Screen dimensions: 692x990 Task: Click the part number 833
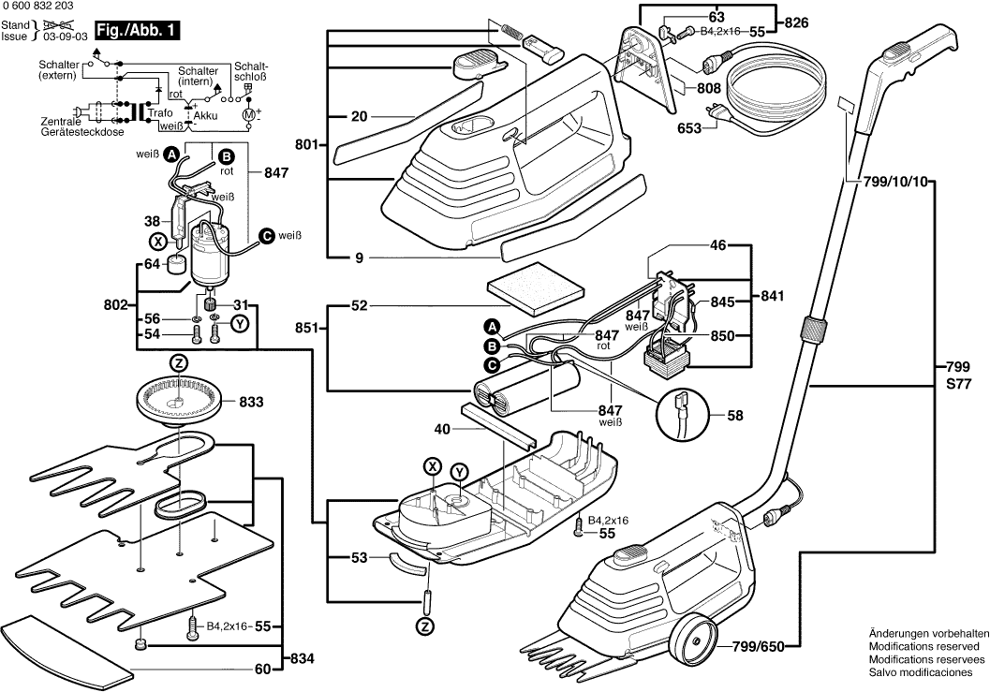point(251,402)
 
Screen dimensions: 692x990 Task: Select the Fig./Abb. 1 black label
point(138,32)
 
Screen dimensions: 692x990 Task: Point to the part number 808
point(709,88)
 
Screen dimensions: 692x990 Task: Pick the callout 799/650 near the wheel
point(758,645)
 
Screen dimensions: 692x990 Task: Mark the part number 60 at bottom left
point(262,669)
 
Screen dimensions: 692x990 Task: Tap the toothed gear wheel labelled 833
point(178,401)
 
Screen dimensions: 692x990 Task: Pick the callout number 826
point(795,22)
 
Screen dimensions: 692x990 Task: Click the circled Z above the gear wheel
point(178,362)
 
